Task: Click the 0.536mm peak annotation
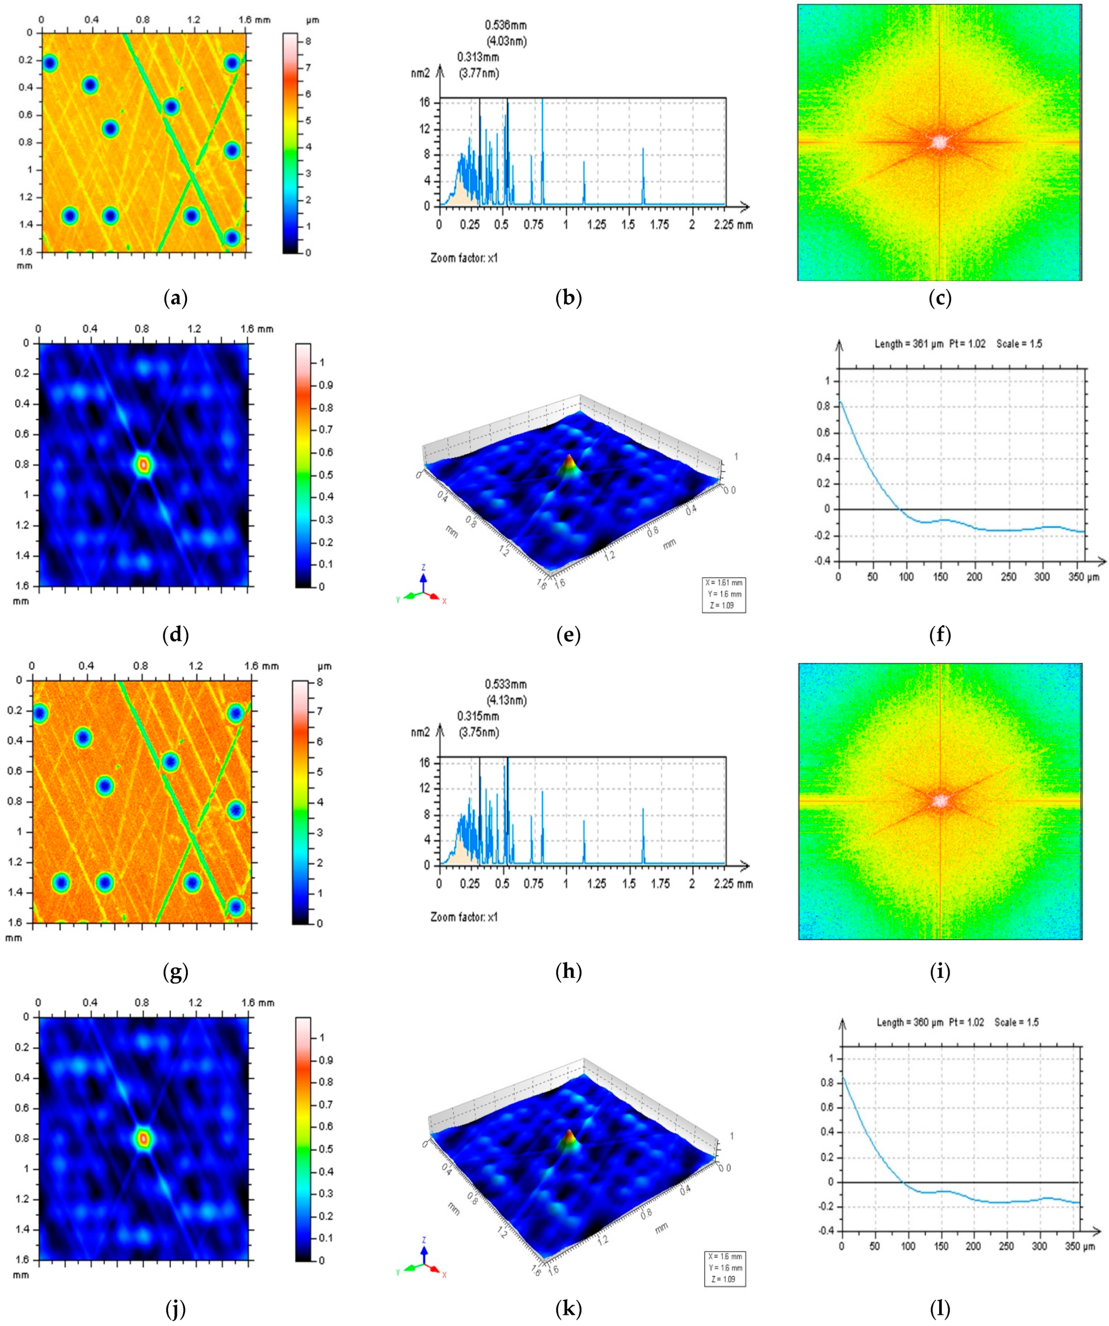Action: click(x=505, y=25)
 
